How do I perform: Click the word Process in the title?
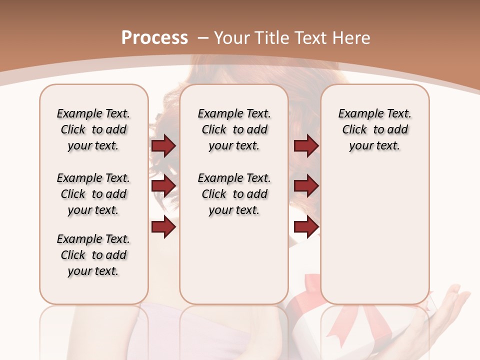[154, 38]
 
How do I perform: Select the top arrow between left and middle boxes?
[163, 146]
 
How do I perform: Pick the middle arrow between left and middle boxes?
[163, 186]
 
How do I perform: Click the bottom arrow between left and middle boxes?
[163, 227]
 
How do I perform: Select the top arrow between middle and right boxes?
[306, 146]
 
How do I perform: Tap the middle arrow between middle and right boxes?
[306, 186]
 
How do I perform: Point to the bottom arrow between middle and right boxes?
[306, 227]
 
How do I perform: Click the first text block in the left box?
[93, 129]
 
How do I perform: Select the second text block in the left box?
[93, 194]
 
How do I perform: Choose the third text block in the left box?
[93, 255]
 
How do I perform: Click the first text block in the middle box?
[234, 129]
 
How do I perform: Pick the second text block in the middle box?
[234, 194]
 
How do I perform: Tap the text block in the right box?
[375, 129]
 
